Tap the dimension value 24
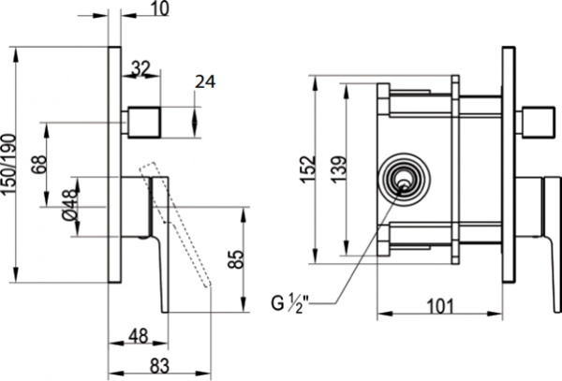click(206, 81)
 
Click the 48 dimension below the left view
click(138, 334)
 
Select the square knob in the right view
click(537, 122)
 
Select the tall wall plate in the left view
click(116, 163)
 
